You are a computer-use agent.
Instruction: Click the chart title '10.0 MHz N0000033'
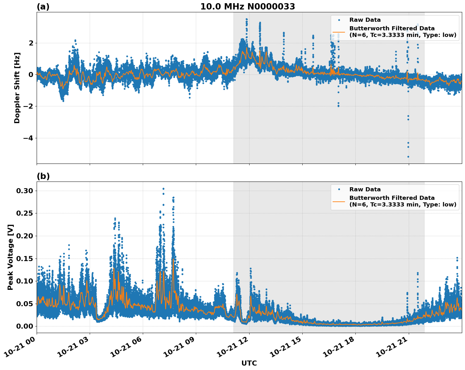coord(248,7)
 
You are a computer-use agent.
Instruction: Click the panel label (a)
coord(43,7)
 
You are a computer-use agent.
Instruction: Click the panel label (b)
coord(43,176)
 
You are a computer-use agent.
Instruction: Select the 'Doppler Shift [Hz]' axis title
coord(17,88)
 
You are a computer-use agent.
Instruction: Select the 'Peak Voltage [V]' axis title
coord(10,257)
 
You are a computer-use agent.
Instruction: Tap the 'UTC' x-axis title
coord(249,363)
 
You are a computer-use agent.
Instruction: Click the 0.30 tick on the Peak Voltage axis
coord(24,191)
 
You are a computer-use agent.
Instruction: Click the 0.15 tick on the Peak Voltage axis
coord(24,259)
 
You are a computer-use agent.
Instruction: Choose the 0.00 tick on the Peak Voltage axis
coord(24,326)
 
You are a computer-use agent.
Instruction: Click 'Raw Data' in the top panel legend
coord(365,20)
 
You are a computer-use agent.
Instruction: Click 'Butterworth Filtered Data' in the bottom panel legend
coord(392,198)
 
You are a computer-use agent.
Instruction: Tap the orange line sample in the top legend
coord(339,32)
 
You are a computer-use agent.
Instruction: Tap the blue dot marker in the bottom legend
coord(339,189)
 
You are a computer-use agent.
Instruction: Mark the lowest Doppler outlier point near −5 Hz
coord(408,157)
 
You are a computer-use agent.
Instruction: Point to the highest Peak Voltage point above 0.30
coord(163,189)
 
